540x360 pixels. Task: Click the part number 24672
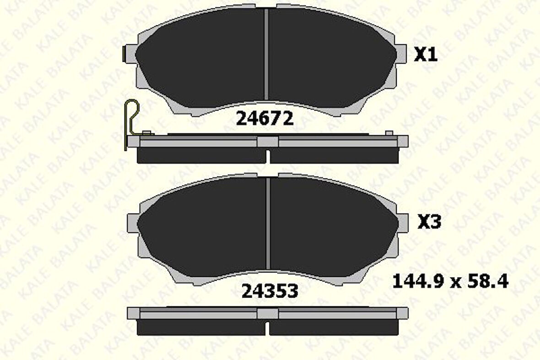(x=264, y=119)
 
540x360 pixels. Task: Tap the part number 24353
(x=270, y=290)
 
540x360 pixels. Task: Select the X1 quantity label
(x=426, y=55)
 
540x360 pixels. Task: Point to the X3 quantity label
(x=429, y=223)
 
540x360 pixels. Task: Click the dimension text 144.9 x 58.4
(x=450, y=281)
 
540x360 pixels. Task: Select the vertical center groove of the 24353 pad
(x=269, y=223)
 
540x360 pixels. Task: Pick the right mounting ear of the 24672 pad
(x=401, y=54)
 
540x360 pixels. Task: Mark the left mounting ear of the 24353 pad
(x=132, y=223)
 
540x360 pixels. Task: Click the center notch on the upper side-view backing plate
(x=268, y=142)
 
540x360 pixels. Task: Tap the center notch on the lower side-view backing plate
(x=268, y=313)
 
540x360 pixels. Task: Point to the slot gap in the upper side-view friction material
(x=268, y=156)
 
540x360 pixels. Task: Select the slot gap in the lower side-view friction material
(x=268, y=327)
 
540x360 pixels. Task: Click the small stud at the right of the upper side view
(x=389, y=133)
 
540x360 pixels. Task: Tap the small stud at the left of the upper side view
(x=146, y=133)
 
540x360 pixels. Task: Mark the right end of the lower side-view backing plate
(x=402, y=313)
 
